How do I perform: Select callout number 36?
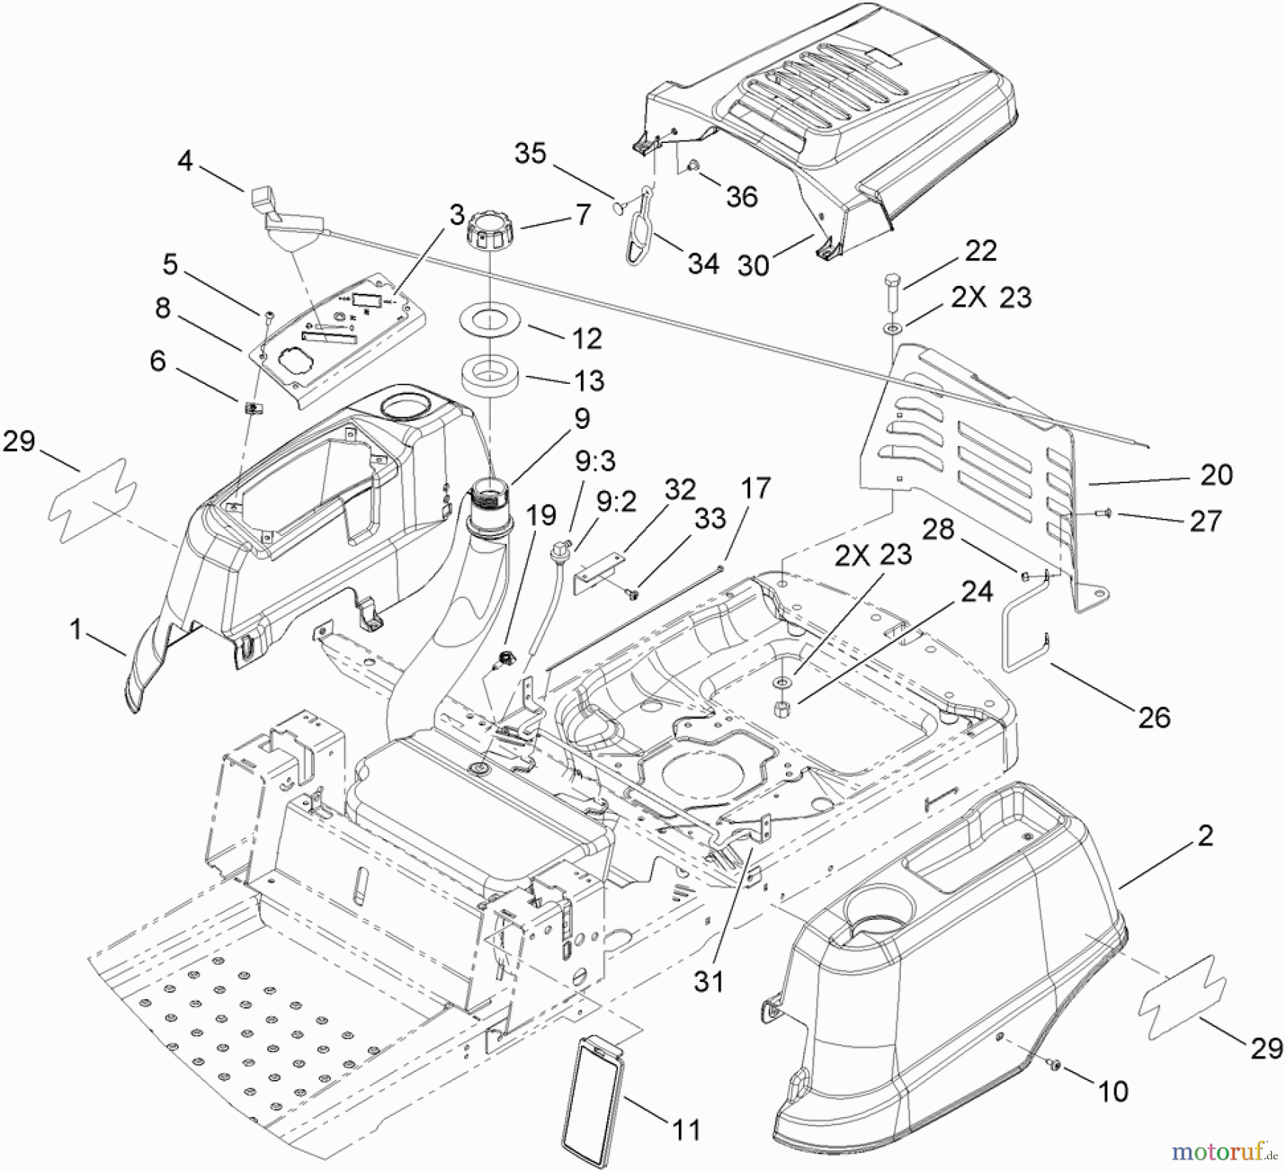click(741, 197)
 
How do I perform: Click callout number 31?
click(708, 981)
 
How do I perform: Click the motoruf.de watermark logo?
click(1224, 1151)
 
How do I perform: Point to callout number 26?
click(1154, 717)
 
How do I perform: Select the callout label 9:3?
click(595, 461)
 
